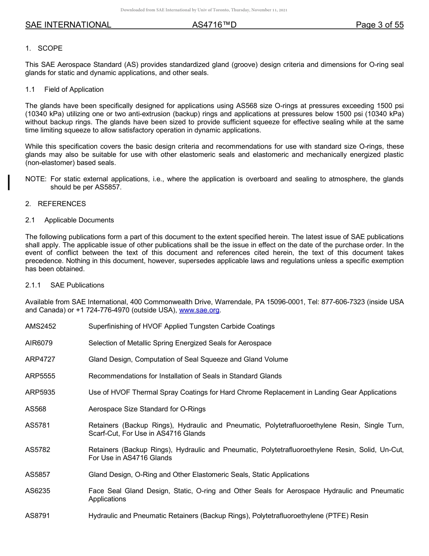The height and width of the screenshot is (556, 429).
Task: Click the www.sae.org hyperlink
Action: click(199, 310)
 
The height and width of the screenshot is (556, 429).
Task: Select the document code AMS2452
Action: click(41, 326)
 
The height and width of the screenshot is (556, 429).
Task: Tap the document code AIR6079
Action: click(39, 343)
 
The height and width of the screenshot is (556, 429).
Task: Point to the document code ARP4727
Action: click(40, 359)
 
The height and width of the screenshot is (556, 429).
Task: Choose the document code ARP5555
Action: click(40, 376)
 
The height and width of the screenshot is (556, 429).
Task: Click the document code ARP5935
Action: click(40, 392)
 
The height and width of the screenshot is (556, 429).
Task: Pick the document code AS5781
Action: click(37, 425)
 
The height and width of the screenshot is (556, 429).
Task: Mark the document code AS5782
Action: click(37, 450)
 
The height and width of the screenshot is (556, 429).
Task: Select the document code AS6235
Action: click(37, 491)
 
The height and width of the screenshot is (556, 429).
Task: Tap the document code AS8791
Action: click(37, 515)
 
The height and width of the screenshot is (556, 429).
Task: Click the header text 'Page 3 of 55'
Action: click(379, 25)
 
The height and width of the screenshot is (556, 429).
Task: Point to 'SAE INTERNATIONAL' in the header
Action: click(68, 25)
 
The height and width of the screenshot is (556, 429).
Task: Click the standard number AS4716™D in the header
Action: click(214, 25)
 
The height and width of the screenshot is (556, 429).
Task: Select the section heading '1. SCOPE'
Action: click(44, 48)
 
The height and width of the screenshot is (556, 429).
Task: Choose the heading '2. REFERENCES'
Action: click(56, 204)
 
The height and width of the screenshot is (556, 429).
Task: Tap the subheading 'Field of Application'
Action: click(74, 90)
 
